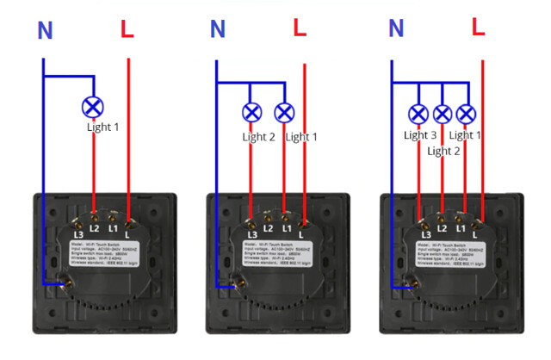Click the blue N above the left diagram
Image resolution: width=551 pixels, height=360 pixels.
[46, 31]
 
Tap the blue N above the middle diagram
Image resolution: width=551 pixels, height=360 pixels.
[218, 30]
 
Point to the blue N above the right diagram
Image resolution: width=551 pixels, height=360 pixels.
[396, 28]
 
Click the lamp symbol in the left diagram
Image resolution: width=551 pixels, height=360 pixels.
[93, 107]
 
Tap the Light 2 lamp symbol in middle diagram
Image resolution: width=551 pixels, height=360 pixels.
[251, 112]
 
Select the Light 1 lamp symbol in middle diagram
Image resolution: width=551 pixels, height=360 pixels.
[284, 112]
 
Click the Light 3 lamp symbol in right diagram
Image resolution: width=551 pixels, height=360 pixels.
[418, 113]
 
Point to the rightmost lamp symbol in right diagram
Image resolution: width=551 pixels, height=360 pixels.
[466, 113]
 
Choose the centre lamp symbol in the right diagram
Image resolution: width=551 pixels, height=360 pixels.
[443, 113]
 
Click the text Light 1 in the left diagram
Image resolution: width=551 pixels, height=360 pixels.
[103, 127]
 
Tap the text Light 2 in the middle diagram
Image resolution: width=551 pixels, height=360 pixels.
[259, 137]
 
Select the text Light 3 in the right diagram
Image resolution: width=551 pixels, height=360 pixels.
[421, 135]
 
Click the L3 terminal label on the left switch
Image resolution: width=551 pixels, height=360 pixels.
[78, 233]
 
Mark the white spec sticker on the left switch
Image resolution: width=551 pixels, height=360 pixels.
[104, 256]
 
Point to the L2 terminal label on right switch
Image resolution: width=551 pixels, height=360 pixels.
[442, 228]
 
